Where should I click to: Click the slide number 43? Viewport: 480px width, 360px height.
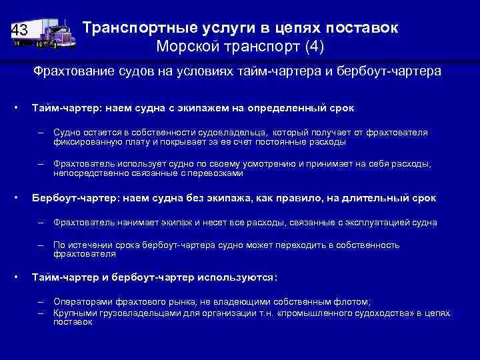19,30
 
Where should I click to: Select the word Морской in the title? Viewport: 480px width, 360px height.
183,47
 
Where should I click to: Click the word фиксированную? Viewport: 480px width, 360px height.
88,142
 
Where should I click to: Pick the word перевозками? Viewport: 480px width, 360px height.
215,173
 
